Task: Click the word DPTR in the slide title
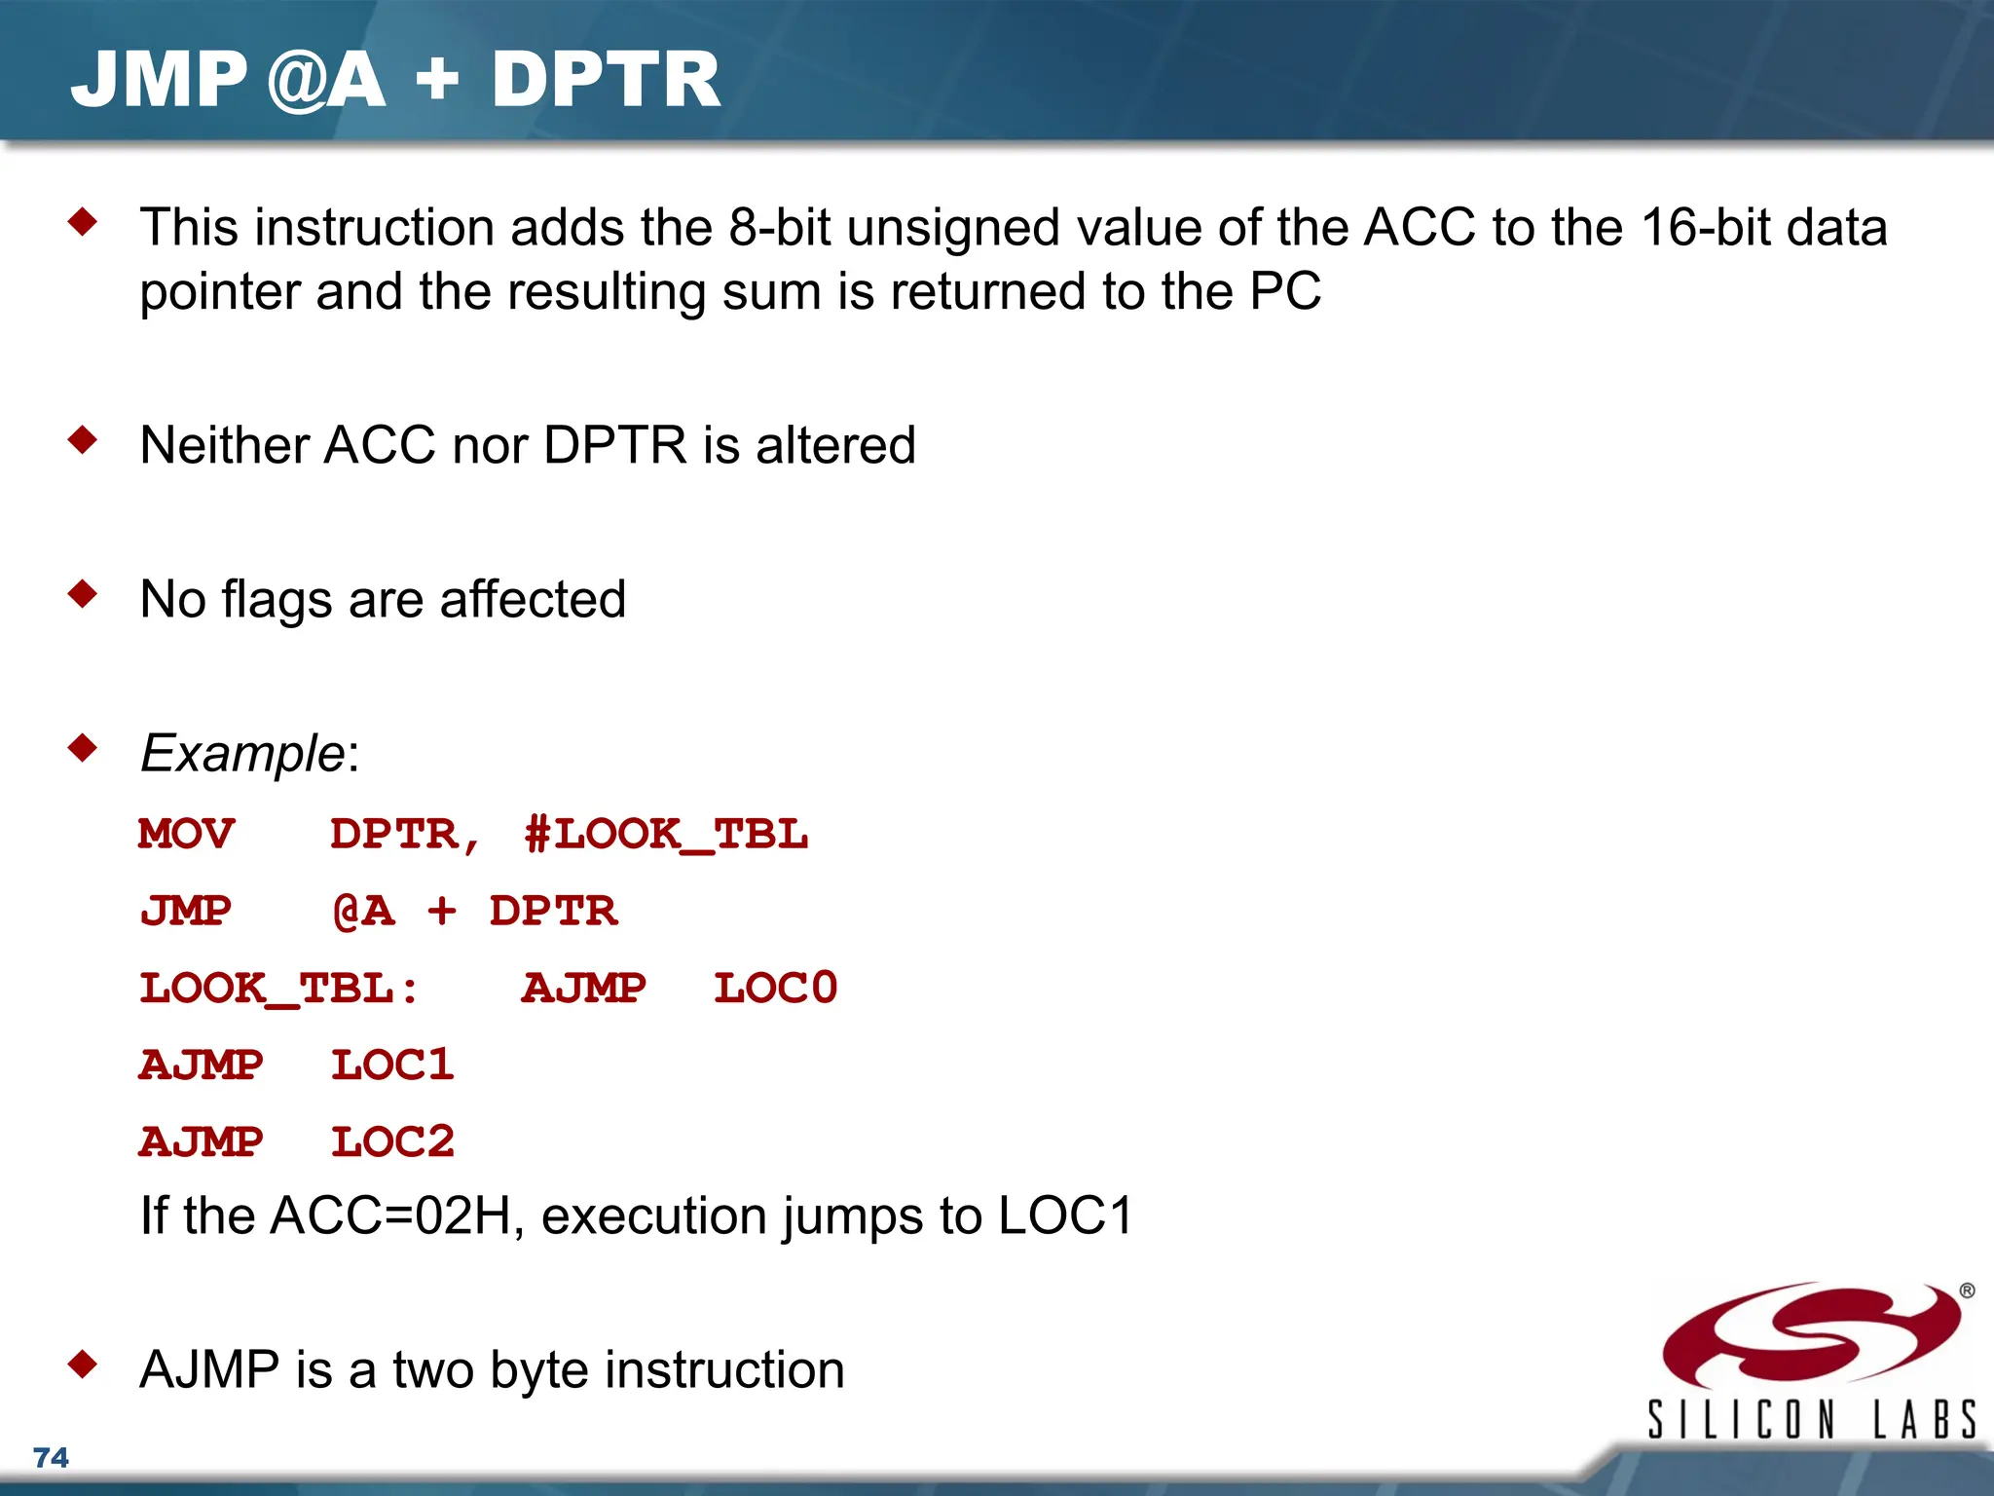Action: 606,80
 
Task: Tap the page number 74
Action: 51,1457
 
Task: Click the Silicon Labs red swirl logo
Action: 1811,1336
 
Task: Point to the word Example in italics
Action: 242,754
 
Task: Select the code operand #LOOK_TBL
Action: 666,835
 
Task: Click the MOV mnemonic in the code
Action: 186,835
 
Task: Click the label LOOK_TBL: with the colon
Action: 279,989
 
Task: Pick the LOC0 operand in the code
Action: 775,989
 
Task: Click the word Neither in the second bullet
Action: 224,446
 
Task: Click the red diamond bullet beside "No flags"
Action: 84,593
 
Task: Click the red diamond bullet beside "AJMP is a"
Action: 84,1364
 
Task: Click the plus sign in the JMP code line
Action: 441,912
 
